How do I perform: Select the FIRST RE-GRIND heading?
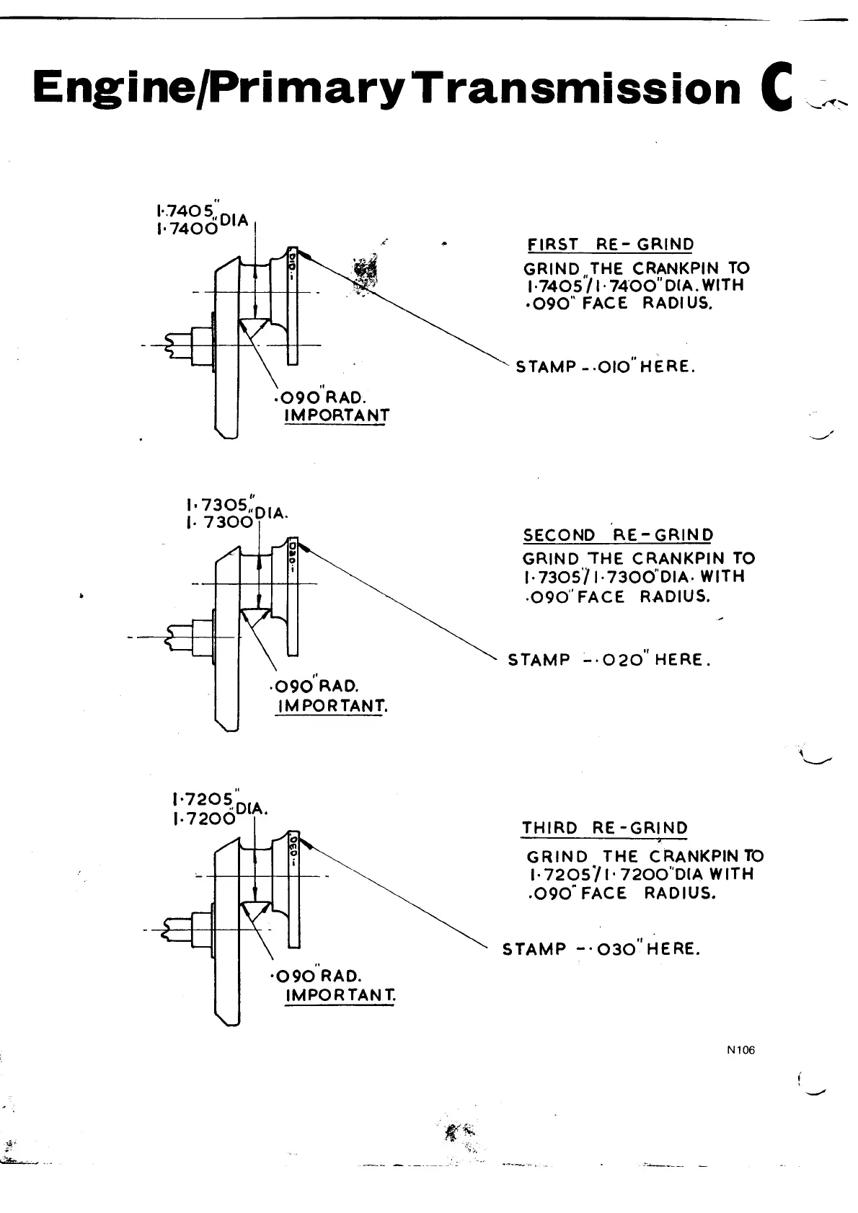click(x=611, y=244)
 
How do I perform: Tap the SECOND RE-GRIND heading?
click(x=618, y=535)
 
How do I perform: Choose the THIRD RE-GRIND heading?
click(x=604, y=828)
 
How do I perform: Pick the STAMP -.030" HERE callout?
click(x=601, y=949)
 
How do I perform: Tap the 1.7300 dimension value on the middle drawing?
click(x=218, y=523)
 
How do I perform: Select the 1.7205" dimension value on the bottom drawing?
click(x=203, y=800)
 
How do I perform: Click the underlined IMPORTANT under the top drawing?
click(x=337, y=415)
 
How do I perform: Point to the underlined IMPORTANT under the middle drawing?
click(x=332, y=705)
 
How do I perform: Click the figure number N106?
click(x=740, y=1050)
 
